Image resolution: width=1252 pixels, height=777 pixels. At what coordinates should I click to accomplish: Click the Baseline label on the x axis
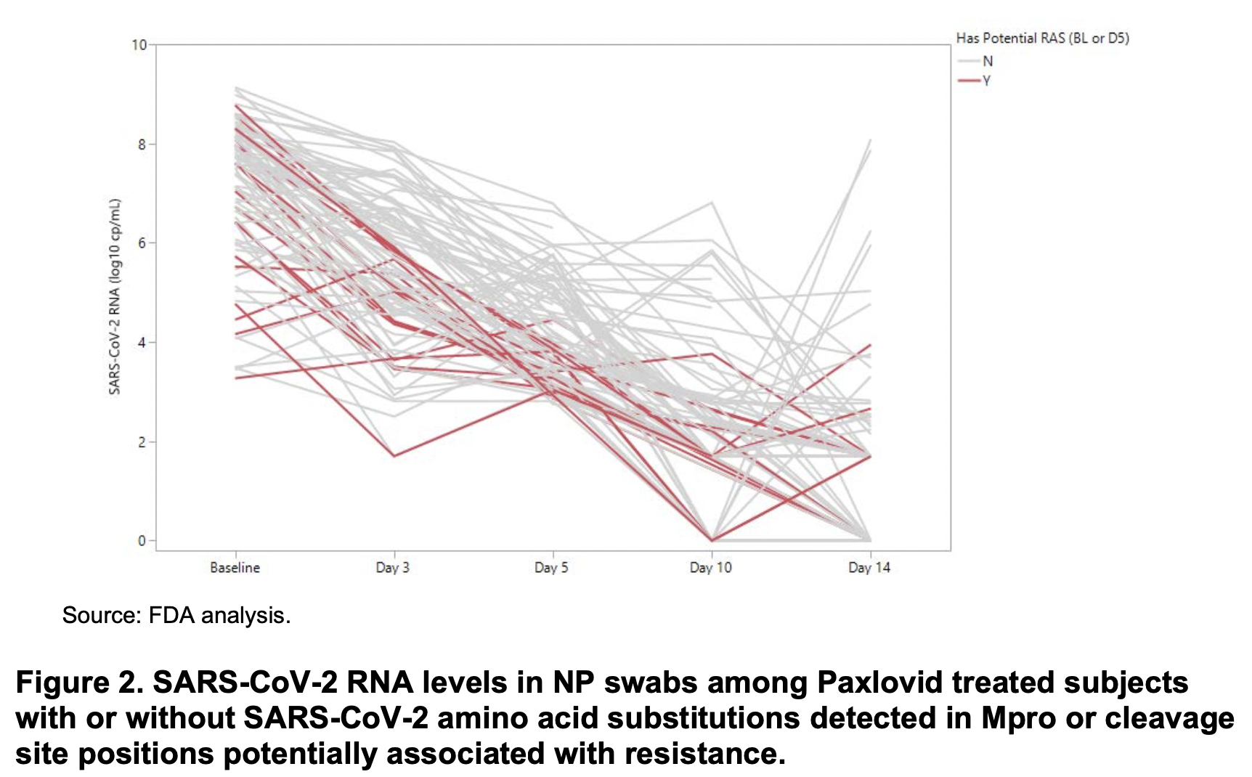tap(235, 568)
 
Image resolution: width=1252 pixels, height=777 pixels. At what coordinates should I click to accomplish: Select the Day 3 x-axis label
tap(392, 568)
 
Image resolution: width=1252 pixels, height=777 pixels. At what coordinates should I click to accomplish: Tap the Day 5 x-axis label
tap(551, 568)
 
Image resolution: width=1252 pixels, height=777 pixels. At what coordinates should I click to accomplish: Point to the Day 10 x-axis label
tap(710, 568)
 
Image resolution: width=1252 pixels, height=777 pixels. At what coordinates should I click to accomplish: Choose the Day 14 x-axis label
tap(869, 568)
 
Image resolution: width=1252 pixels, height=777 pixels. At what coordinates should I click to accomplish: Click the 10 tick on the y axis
tap(139, 45)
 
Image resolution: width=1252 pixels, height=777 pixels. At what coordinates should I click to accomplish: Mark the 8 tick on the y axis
tap(142, 145)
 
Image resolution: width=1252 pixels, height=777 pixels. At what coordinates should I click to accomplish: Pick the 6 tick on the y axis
tap(142, 243)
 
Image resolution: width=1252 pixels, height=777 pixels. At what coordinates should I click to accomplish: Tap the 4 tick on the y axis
tap(142, 343)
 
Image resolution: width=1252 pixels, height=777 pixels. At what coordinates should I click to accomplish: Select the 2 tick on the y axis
tap(142, 442)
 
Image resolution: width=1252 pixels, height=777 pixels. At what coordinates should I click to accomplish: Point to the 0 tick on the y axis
tap(142, 541)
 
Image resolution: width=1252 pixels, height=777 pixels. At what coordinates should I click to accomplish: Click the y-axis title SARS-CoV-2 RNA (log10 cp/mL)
tap(115, 296)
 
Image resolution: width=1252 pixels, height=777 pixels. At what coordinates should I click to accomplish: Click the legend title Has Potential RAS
tap(1042, 38)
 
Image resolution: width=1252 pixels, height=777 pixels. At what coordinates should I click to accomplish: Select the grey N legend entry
tap(987, 62)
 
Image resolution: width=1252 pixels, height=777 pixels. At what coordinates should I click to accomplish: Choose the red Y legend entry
tap(986, 81)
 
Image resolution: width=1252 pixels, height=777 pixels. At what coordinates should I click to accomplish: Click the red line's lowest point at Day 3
tap(394, 456)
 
